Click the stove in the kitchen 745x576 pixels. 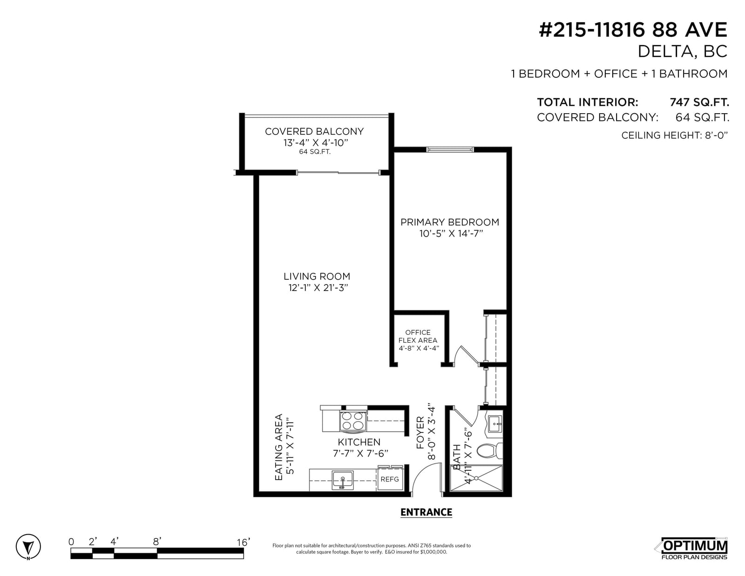353,420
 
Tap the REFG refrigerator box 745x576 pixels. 390,479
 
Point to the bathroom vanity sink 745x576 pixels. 494,425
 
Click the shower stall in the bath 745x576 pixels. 476,478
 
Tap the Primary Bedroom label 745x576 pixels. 449,222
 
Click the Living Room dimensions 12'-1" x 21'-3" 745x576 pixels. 318,288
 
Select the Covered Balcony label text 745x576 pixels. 314,131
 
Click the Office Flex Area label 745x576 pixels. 418,336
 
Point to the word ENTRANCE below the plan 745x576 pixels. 426,512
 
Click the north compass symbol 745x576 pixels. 28,547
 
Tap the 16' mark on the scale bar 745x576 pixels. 243,542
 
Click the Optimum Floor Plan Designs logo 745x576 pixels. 693,549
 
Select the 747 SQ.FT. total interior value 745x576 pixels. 699,102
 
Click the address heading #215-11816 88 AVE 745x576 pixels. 633,30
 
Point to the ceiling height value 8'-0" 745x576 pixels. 716,136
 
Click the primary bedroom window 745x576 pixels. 450,149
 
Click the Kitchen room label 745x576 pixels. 359,442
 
